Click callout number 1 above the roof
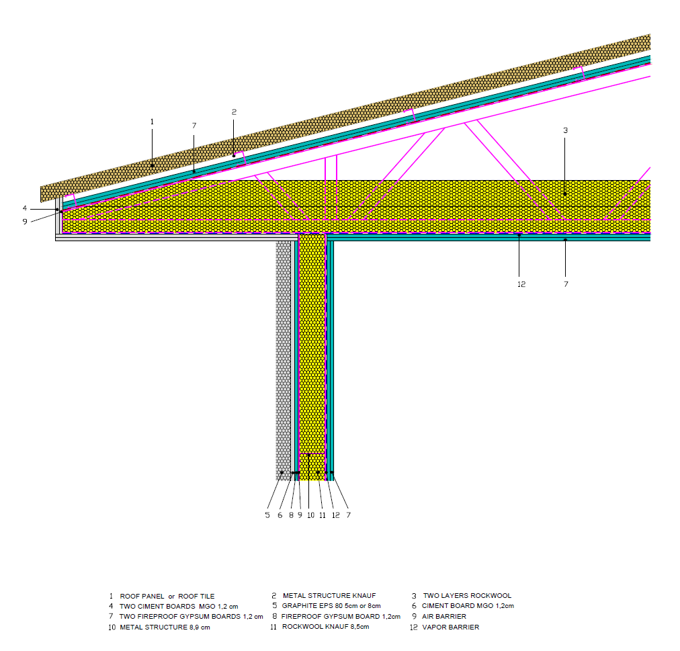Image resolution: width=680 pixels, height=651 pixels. [153, 122]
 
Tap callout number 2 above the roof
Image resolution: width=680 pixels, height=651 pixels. [234, 112]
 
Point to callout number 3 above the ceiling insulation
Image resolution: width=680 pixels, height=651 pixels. [565, 130]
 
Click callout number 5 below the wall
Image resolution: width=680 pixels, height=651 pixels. [267, 515]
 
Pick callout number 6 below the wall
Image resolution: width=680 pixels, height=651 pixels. [280, 515]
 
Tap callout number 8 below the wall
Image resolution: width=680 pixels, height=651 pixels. [291, 515]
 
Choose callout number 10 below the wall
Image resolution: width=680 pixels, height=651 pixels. [310, 515]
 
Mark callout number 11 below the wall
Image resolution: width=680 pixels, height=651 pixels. [323, 515]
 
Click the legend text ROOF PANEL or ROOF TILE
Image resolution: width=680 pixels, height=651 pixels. [167, 596]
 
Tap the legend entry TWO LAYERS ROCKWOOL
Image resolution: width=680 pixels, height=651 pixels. [467, 596]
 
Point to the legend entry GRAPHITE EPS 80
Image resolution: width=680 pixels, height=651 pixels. [331, 606]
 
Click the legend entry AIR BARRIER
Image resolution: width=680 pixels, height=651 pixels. [443, 616]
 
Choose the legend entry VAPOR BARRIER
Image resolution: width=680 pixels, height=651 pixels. [450, 627]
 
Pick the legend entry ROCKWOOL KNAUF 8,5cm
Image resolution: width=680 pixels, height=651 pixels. [325, 627]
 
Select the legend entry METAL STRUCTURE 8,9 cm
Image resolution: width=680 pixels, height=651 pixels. [165, 627]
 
